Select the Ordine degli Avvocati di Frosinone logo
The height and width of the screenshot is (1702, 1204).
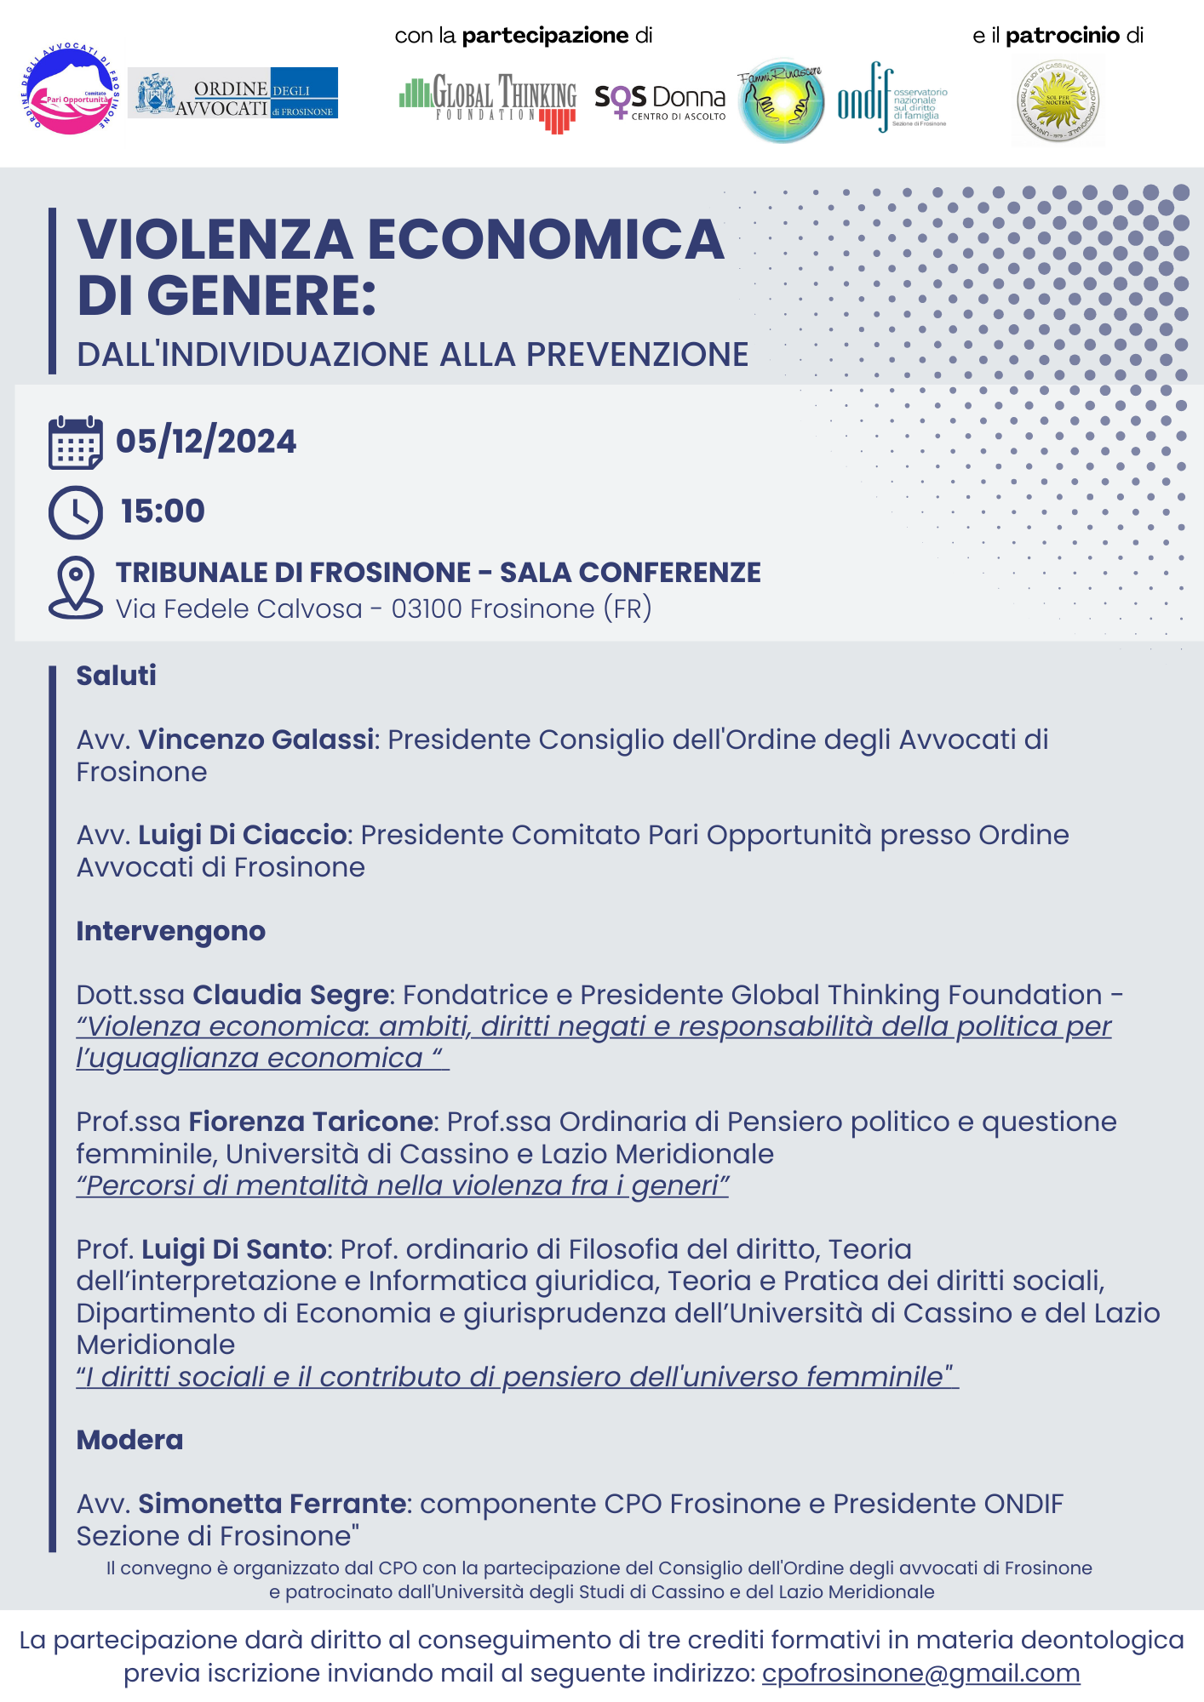[x=232, y=93]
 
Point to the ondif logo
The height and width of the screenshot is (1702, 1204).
[x=891, y=99]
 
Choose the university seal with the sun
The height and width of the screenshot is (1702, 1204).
[x=1058, y=100]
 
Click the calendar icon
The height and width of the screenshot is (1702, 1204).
[x=76, y=443]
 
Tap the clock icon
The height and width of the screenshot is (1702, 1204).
[x=76, y=512]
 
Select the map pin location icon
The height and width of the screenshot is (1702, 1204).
[x=76, y=587]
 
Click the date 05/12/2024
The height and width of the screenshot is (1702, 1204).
[x=206, y=442]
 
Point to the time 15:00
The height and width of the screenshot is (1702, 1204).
[x=163, y=511]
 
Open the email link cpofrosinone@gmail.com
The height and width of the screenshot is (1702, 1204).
[x=920, y=1673]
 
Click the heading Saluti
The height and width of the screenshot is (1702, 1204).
[x=117, y=676]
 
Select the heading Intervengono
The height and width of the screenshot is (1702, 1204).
[x=170, y=931]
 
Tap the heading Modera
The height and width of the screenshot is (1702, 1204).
[x=129, y=1440]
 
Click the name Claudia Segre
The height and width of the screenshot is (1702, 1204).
[x=290, y=995]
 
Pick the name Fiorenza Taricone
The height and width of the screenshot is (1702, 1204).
[x=311, y=1122]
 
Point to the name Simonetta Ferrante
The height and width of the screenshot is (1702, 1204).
[x=272, y=1504]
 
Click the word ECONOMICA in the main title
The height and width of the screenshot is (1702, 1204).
[x=546, y=239]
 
